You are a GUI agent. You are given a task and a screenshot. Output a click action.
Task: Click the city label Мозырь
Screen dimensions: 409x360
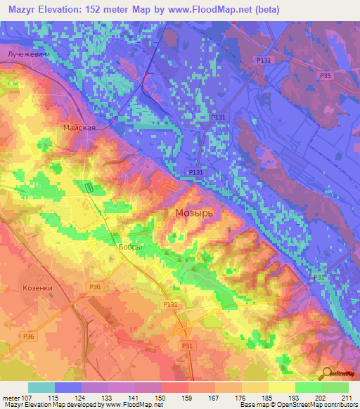coord(193,212)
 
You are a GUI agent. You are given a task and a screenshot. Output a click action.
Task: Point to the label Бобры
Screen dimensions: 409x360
coord(129,247)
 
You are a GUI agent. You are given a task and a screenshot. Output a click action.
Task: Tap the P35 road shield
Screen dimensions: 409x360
coord(325,76)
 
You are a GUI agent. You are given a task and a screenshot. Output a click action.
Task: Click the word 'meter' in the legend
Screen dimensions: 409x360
coord(11,398)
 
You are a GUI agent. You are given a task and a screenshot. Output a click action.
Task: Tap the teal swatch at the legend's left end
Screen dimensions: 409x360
coord(41,387)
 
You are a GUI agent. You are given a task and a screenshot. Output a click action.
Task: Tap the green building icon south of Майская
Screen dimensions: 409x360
coord(89,187)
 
